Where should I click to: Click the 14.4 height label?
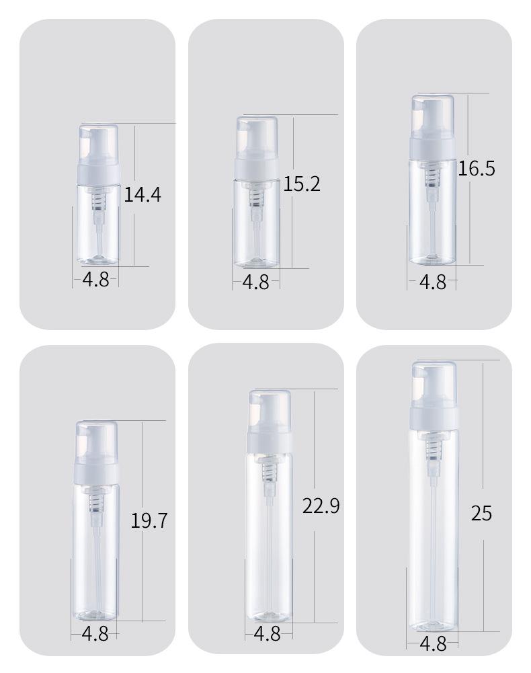pos(142,194)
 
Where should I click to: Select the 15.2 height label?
pos(302,184)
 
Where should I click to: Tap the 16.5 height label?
pos(477,168)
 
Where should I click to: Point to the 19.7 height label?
pos(149,520)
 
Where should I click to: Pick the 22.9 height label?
pos(321,506)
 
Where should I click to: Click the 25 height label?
pos(481,514)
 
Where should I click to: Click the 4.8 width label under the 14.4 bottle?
pos(95,280)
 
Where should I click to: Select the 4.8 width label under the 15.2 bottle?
pos(256,282)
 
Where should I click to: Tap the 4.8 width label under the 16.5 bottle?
pos(433,282)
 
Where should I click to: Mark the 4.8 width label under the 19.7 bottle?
pos(95,634)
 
